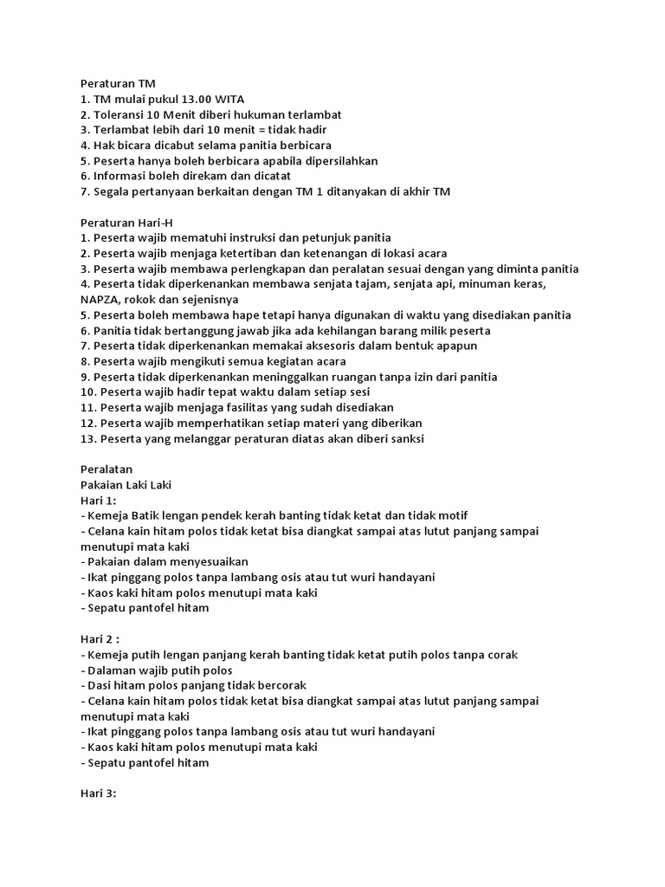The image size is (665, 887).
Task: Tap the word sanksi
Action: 405,439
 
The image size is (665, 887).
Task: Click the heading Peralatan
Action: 106,469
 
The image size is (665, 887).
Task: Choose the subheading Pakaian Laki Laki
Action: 126,485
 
